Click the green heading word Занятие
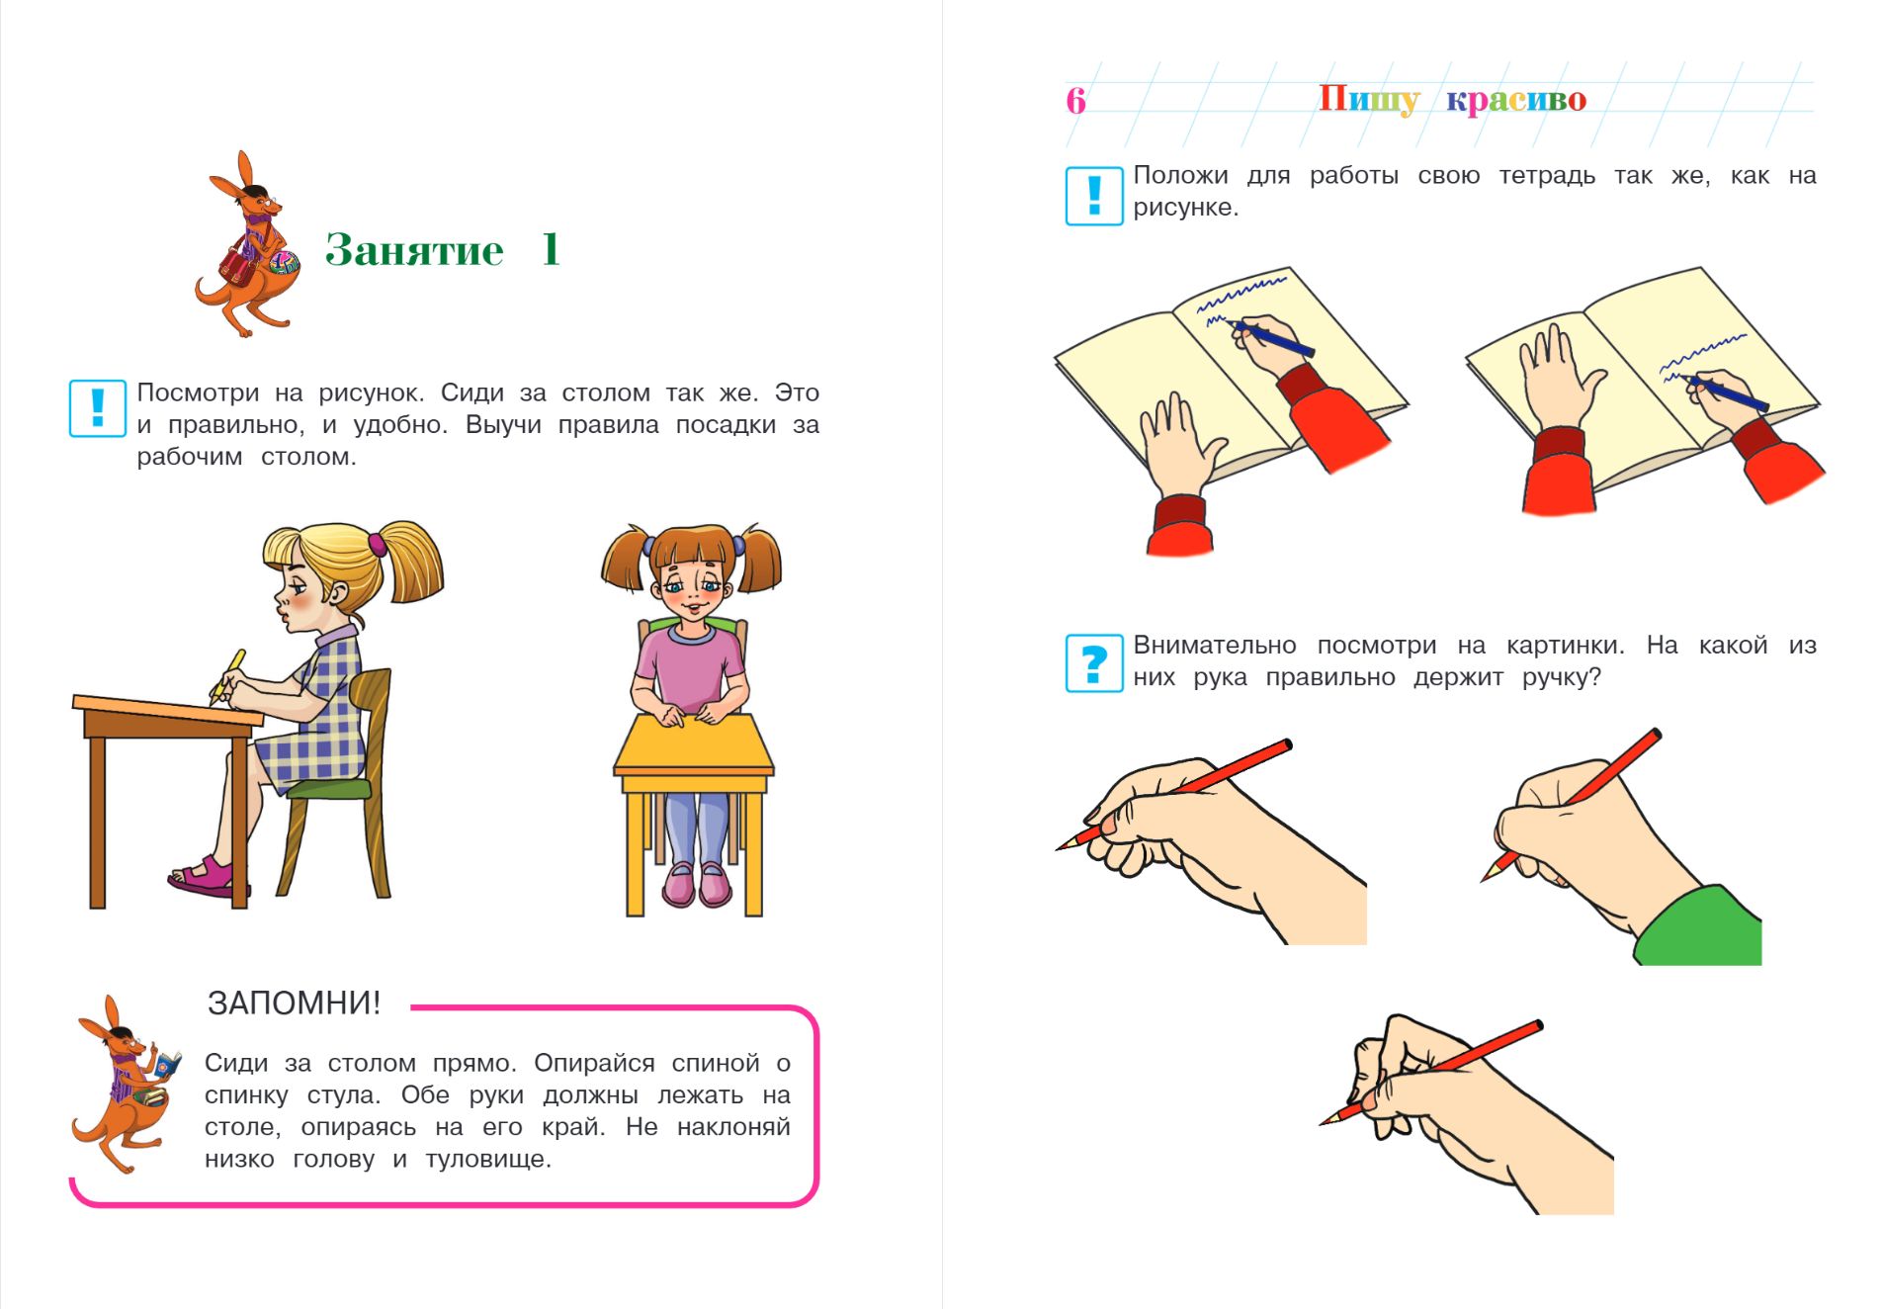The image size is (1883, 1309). [x=414, y=250]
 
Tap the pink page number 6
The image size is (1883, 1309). [x=1075, y=100]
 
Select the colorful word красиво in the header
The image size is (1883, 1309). [x=1516, y=100]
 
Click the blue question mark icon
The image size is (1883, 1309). [x=1094, y=662]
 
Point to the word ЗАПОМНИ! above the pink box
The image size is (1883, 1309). [x=294, y=1003]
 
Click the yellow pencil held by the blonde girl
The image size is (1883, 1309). [x=226, y=675]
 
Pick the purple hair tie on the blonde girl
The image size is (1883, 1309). [x=377, y=543]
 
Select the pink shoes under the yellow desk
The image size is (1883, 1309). [x=698, y=883]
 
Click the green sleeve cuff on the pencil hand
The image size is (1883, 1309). [x=1700, y=927]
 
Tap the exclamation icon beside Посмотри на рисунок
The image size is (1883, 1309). [x=98, y=408]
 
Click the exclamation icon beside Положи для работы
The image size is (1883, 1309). [x=1094, y=196]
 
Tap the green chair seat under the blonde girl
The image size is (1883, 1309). [x=329, y=788]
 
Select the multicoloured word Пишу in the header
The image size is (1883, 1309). [x=1369, y=100]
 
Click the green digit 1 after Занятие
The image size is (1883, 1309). [x=552, y=249]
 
